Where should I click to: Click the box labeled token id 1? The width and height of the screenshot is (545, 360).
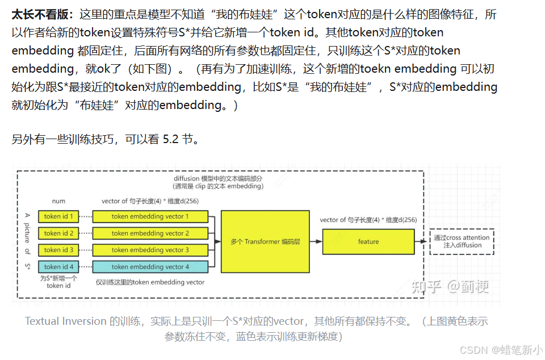(x=59, y=216)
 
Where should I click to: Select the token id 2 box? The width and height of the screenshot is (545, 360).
(x=59, y=233)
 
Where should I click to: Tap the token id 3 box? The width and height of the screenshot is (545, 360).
(x=59, y=250)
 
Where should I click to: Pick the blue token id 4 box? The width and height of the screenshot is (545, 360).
(x=59, y=266)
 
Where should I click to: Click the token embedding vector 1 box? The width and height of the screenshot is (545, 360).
(x=150, y=216)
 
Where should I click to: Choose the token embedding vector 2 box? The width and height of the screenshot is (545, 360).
(x=150, y=233)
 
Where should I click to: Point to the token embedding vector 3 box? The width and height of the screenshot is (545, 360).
(x=150, y=250)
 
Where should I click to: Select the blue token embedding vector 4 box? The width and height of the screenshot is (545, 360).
(x=150, y=266)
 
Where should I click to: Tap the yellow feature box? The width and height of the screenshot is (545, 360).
(x=368, y=241)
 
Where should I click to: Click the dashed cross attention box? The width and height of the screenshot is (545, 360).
(x=462, y=241)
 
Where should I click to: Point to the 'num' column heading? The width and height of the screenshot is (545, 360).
(x=58, y=201)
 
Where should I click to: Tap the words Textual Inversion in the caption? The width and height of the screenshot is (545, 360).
(x=66, y=321)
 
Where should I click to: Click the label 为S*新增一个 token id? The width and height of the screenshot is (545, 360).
(x=58, y=282)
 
